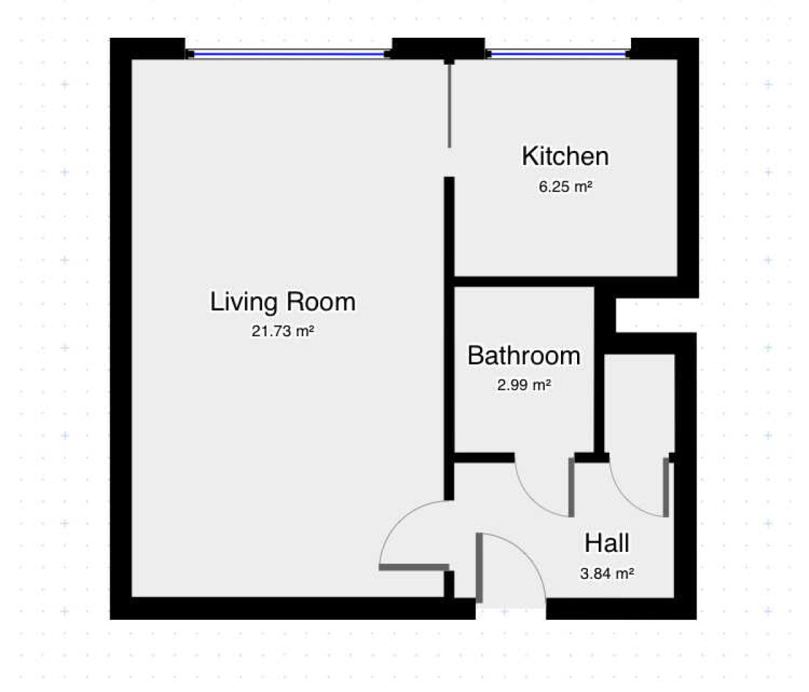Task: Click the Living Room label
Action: [283, 302]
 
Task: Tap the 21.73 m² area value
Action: [282, 332]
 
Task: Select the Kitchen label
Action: [565, 156]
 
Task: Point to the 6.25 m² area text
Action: [565, 187]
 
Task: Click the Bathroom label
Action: [524, 356]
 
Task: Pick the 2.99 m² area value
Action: [524, 385]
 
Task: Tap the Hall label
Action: [607, 543]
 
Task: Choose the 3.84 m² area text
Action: [607, 573]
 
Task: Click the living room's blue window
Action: [289, 54]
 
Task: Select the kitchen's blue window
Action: [558, 54]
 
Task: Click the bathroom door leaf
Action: [571, 487]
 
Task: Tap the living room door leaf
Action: [414, 567]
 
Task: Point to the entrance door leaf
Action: [479, 567]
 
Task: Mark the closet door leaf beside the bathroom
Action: [666, 487]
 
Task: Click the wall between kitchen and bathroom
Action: [566, 282]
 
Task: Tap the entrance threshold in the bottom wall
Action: [511, 608]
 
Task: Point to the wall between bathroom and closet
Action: [599, 370]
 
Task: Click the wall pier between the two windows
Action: [439, 49]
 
